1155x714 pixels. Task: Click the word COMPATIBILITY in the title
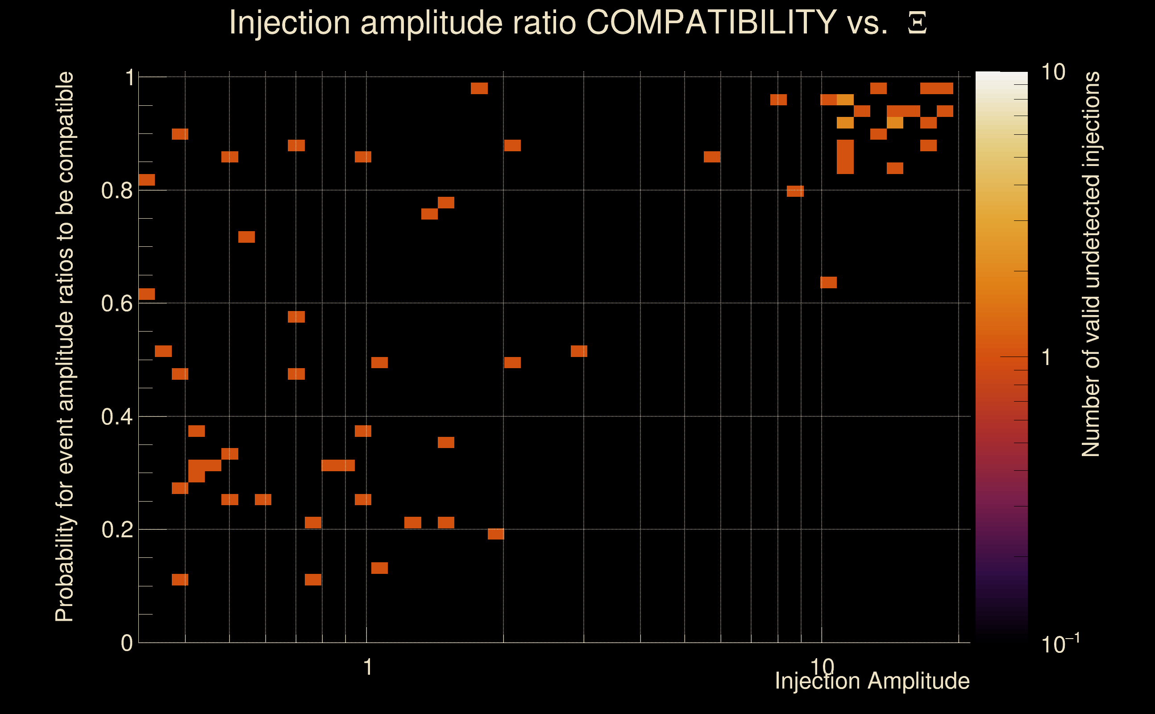click(x=711, y=22)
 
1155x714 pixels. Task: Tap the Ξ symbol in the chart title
click(x=917, y=23)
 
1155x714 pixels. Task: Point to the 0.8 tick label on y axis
click(x=116, y=191)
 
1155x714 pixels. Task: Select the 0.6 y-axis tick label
click(x=116, y=303)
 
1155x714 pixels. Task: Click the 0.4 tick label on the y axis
click(x=116, y=417)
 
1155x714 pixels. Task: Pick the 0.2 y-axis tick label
click(x=116, y=530)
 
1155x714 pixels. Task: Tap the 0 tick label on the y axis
click(x=127, y=643)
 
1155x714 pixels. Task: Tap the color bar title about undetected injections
click(x=1090, y=265)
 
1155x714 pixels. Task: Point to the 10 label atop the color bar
click(x=1053, y=72)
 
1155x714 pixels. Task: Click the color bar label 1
click(x=1047, y=357)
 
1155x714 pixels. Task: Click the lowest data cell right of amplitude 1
click(x=379, y=568)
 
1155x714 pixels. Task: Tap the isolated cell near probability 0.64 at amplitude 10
click(x=828, y=282)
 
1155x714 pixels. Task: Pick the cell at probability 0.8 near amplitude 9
click(x=795, y=191)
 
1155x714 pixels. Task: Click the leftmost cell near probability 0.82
click(x=146, y=180)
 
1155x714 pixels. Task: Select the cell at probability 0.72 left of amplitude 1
click(x=246, y=237)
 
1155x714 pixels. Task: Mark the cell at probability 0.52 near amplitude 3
click(x=579, y=351)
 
